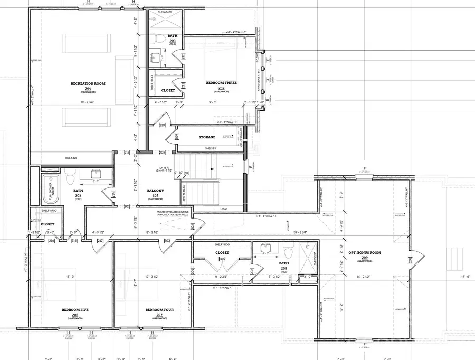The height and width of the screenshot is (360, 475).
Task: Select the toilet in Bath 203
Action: [x=157, y=40]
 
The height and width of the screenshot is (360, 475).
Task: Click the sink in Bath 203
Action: [x=156, y=57]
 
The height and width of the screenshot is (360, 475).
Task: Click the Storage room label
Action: [x=207, y=137]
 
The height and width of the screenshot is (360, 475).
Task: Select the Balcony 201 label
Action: [x=156, y=191]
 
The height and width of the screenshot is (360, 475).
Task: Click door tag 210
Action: [x=162, y=125]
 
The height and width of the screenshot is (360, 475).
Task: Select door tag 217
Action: [x=100, y=241]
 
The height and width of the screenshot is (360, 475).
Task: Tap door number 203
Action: [x=168, y=241]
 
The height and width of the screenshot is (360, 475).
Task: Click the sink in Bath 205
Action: [x=97, y=174]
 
